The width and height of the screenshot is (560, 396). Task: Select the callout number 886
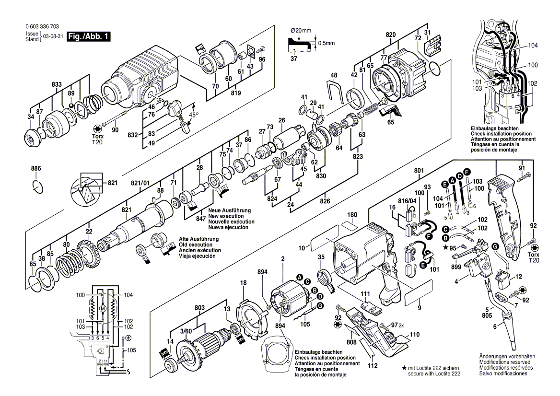tap(36, 168)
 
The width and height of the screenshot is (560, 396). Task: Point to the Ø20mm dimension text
tap(301, 30)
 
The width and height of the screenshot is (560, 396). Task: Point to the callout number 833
tap(57, 84)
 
